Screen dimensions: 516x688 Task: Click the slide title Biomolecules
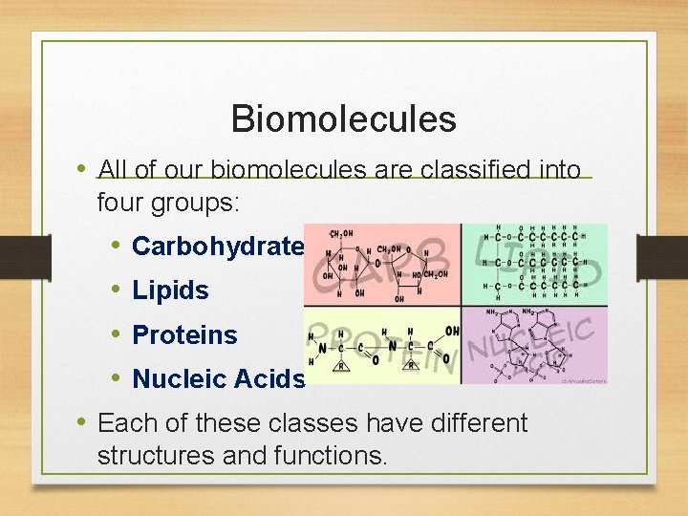343,119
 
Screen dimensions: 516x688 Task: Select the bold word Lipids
170,290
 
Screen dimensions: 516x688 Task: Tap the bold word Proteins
184,335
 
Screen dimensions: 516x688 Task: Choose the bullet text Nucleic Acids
219,379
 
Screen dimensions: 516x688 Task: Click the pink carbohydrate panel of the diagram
381,264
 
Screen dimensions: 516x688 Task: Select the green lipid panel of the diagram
534,264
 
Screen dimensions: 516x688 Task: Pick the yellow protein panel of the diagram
381,345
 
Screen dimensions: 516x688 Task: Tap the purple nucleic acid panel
534,345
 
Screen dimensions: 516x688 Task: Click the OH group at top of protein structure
450,330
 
